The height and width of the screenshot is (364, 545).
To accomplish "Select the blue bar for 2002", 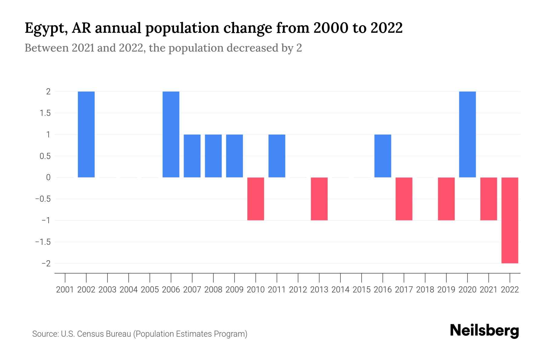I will pos(86,134).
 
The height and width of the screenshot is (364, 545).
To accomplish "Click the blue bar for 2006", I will pos(171,134).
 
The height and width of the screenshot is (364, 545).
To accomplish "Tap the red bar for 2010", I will pos(256,199).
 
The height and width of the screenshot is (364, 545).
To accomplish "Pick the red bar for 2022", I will pos(510,220).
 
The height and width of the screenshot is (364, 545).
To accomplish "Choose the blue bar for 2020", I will pos(467,134).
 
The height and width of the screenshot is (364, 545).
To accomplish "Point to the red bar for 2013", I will pos(319,199).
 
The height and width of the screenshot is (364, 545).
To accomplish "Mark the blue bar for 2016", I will pos(383,156).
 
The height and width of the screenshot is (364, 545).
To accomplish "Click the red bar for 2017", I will pos(404,199).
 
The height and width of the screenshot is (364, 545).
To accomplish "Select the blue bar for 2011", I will pos(277,156).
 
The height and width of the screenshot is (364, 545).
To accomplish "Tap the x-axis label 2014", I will pos(340,290).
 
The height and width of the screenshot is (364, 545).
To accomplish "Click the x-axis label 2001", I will pos(65,290).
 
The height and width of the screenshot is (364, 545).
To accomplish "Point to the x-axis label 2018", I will pos(425,290).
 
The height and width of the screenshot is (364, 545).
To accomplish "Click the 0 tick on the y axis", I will pos(48,177).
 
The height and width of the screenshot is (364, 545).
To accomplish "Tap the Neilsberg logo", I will pos(484,331).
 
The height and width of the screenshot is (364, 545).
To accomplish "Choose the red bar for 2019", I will pos(446,199).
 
